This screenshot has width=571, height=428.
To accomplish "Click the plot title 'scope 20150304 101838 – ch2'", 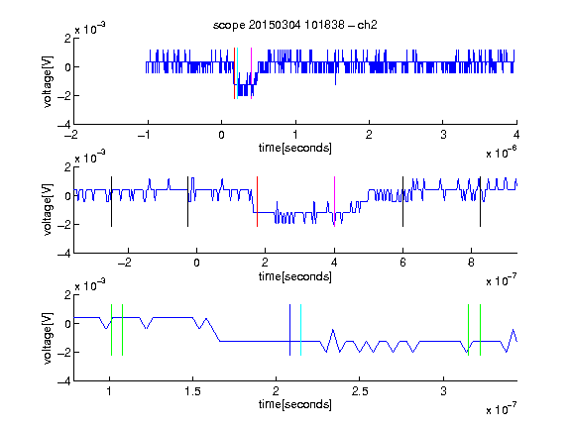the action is click(295, 25).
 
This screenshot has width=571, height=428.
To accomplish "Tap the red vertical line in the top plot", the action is click(235, 73).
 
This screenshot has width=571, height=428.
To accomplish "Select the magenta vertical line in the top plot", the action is click(251, 73).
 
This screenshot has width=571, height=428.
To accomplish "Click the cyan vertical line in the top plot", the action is click(238, 73).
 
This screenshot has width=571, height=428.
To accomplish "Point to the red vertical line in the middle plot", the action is click(257, 202).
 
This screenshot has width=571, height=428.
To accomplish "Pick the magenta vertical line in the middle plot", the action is click(334, 202).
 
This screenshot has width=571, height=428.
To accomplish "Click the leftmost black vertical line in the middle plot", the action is click(111, 202).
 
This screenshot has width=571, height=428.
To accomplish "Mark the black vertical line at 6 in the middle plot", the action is click(402, 202).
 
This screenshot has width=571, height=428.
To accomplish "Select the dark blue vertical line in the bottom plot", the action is click(289, 330).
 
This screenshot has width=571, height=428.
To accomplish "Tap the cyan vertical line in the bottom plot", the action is click(300, 330).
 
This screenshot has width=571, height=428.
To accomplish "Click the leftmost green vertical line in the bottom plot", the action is click(111, 330).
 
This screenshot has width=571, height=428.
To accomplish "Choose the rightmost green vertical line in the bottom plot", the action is click(481, 330).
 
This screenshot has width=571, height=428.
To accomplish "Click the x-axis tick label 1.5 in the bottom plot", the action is click(192, 391).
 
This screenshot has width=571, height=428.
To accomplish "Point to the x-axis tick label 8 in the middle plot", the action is click(471, 263).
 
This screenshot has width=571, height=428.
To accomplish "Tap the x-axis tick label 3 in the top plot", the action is click(443, 135).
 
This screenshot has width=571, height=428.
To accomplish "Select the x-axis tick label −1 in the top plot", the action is click(145, 135).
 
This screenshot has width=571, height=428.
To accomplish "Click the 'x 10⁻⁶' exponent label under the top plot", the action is click(502, 152).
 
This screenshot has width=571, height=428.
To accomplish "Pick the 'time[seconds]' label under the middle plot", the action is click(295, 276).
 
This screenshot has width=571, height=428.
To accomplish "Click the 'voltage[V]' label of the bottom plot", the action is click(48, 338).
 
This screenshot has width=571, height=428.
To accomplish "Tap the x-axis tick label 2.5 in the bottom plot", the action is click(360, 391).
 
